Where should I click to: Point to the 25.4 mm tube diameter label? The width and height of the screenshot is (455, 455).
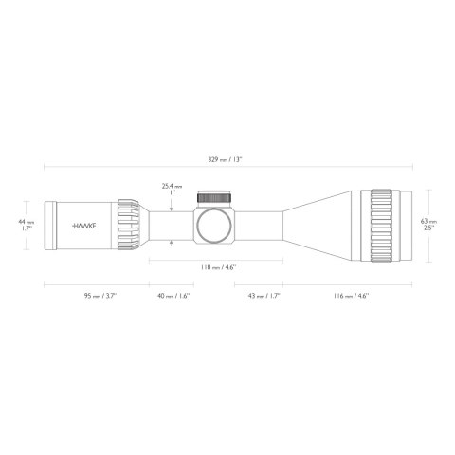click(171, 190)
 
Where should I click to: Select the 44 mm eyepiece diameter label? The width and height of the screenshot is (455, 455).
click(28, 226)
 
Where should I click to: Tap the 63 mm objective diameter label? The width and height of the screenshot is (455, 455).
click(428, 225)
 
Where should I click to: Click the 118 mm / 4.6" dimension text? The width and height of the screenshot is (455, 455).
click(218, 268)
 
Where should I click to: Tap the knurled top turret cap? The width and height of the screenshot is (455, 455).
click(214, 197)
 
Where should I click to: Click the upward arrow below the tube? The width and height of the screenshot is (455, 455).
click(171, 246)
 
